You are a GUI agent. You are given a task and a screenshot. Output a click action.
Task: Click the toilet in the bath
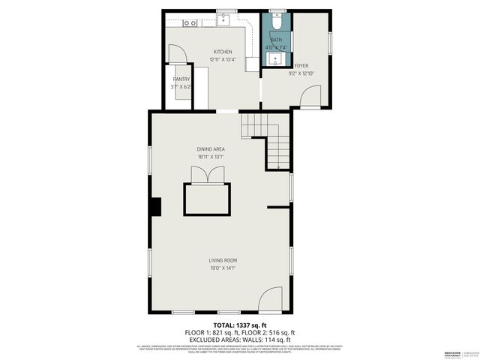pyautogui.click(x=276, y=17)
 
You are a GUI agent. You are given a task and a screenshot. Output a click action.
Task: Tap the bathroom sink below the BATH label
pyautogui.click(x=276, y=59)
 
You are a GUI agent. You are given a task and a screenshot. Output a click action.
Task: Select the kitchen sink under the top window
pyautogui.click(x=223, y=20)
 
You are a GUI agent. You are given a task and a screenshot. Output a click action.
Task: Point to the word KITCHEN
pyautogui.click(x=213, y=52)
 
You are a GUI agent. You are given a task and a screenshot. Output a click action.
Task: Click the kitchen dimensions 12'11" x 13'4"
pyautogui.click(x=213, y=60)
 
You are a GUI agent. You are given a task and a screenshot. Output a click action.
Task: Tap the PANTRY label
pyautogui.click(x=181, y=79)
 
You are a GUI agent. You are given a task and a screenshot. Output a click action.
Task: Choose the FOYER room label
pyautogui.click(x=301, y=66)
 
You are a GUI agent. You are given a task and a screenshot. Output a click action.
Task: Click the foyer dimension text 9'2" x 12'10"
pyautogui.click(x=301, y=73)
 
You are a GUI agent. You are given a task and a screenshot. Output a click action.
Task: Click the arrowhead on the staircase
pyautogui.click(x=278, y=166)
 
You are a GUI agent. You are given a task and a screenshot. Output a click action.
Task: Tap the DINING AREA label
pyautogui.click(x=211, y=149)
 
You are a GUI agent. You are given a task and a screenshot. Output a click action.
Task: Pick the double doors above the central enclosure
pyautogui.click(x=208, y=175)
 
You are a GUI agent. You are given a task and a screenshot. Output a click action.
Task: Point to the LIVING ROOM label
pyautogui.click(x=223, y=260)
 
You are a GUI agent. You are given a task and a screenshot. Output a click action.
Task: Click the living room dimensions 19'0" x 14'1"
pyautogui.click(x=223, y=268)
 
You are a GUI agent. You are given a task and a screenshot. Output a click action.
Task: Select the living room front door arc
pyautogui.click(x=270, y=301)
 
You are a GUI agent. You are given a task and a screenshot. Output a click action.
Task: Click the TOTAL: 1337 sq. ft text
pyautogui.click(x=240, y=325)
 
